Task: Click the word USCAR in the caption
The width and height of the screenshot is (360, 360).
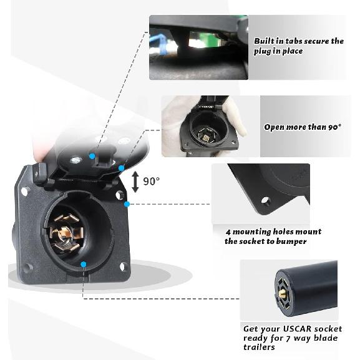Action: [298, 329]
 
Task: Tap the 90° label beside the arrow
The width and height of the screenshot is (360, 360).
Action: [152, 181]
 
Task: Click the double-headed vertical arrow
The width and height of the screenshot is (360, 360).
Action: [135, 182]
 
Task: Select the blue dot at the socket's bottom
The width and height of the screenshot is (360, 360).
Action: [84, 265]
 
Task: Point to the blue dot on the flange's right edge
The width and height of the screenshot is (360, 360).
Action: [127, 204]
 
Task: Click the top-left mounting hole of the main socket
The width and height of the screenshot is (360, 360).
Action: [25, 190]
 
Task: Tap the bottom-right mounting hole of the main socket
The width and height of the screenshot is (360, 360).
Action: [123, 266]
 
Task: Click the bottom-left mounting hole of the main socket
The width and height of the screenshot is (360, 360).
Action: [28, 268]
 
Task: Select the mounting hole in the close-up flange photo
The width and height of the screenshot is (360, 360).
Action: [265, 201]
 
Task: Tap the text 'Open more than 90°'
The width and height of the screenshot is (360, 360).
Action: [303, 127]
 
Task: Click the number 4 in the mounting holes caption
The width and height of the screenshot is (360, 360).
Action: [228, 232]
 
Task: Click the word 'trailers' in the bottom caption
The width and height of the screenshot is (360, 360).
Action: [259, 347]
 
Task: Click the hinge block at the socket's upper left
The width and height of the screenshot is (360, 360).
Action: [41, 173]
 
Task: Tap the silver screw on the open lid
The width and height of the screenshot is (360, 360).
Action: [75, 159]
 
